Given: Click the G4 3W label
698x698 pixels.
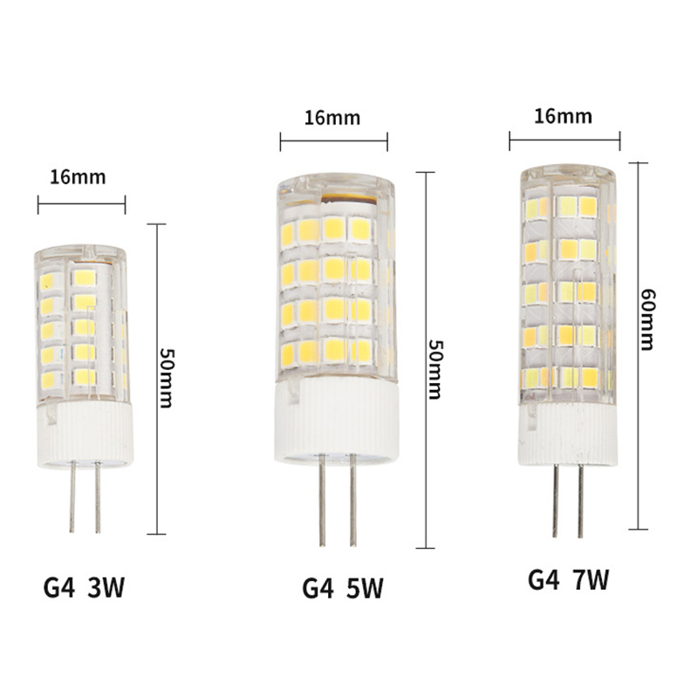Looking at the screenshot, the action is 84,587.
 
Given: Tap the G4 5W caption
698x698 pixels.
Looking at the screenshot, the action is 342,588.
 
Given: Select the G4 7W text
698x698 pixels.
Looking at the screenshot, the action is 569,579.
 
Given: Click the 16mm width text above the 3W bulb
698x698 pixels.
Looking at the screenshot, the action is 78,177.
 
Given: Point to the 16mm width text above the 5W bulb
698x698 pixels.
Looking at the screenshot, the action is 332,118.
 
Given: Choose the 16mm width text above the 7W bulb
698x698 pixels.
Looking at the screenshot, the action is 563,116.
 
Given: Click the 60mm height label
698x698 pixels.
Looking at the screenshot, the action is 647,319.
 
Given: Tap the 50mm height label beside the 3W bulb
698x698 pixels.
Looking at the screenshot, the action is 167,378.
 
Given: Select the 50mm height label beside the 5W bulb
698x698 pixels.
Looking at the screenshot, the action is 434,369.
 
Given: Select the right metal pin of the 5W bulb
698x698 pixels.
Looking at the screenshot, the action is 352,500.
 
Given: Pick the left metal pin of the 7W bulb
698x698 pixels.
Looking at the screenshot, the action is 555,501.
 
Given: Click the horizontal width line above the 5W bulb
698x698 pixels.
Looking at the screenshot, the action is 334,141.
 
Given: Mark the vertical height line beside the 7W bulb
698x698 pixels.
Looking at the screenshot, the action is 639,346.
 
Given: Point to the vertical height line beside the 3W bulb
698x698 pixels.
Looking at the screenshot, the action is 156,379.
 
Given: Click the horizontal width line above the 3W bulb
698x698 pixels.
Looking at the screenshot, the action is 81,204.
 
